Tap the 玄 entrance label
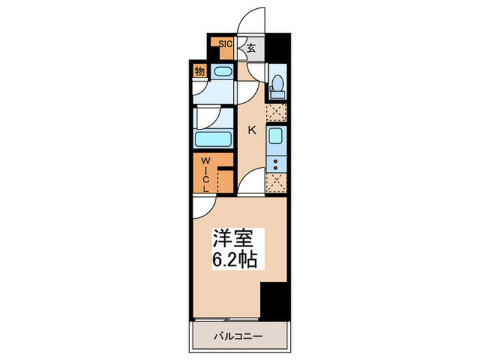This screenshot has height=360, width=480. (251, 48)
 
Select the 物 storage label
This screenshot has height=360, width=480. (199, 71)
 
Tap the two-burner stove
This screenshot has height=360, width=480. (277, 164)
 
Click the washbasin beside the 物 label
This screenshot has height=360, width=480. (221, 71)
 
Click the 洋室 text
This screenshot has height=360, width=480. (231, 241)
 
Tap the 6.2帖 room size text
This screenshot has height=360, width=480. (232, 261)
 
